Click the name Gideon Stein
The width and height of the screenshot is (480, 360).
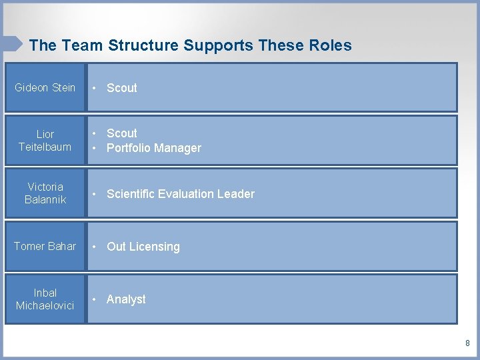click(45, 87)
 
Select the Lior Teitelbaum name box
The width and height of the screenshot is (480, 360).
click(45, 140)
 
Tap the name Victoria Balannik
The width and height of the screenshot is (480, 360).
click(45, 193)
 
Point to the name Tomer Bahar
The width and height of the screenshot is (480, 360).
click(45, 246)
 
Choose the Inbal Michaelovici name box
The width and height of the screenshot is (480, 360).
click(45, 299)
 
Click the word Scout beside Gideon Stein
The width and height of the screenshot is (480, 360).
click(122, 88)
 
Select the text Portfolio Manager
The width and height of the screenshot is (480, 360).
click(154, 148)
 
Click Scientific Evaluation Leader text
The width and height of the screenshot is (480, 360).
click(181, 194)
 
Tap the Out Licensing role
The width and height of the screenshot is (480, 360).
click(143, 247)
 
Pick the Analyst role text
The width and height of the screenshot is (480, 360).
click(126, 299)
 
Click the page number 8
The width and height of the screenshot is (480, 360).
click(467, 343)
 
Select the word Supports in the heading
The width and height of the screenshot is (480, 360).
click(217, 45)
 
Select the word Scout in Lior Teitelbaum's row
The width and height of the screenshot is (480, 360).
click(122, 133)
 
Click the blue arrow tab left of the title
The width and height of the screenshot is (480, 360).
click(12, 44)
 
